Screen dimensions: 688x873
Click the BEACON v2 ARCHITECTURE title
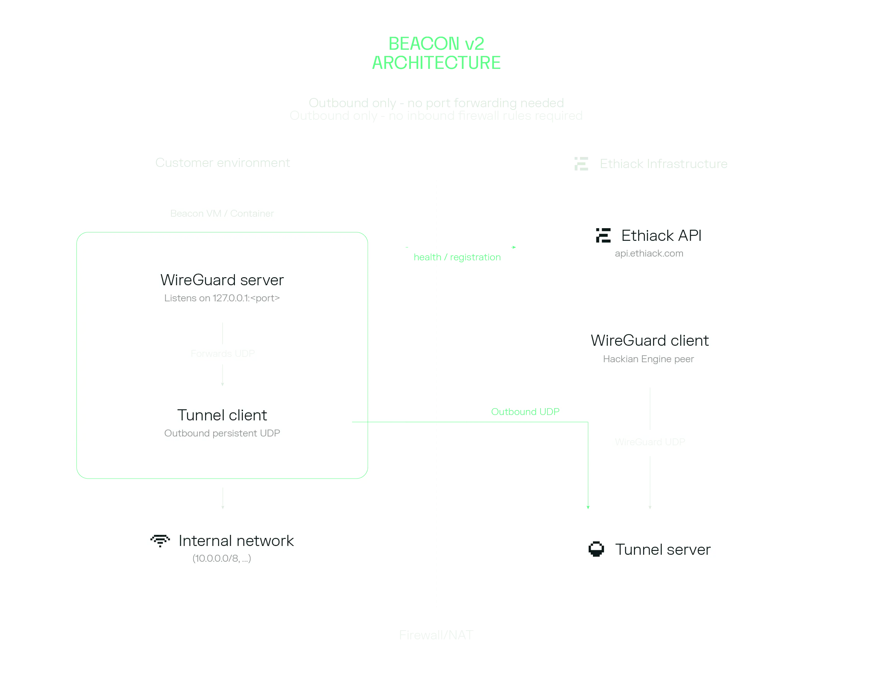tap(436, 54)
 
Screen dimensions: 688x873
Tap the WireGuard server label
tap(222, 280)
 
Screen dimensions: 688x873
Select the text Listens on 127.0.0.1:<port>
tap(222, 298)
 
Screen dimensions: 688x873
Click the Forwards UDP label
tap(223, 354)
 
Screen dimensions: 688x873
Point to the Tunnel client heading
tap(222, 415)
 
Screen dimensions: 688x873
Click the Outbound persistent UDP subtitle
tap(222, 433)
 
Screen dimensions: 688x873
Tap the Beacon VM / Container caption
tap(222, 214)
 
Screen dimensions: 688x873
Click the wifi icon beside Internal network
tap(160, 541)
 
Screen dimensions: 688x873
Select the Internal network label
tap(236, 541)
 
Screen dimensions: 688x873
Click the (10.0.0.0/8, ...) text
tap(222, 559)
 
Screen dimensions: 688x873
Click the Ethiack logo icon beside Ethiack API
tap(603, 235)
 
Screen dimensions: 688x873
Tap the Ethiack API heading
tap(661, 235)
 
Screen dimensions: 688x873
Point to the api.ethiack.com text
tap(649, 254)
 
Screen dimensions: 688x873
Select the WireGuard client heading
tap(649, 341)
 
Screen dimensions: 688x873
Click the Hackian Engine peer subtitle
tap(648, 359)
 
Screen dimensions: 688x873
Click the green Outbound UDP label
tap(525, 412)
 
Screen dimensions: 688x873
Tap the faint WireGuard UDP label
tap(650, 442)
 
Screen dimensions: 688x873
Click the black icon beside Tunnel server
tap(596, 549)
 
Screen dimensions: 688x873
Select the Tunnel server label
tap(663, 550)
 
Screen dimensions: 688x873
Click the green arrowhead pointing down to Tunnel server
tap(588, 507)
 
